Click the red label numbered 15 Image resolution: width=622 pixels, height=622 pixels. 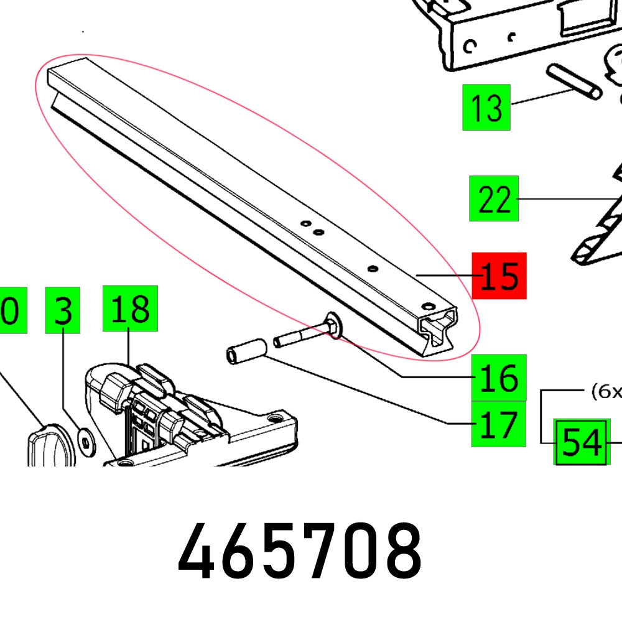coord(499,276)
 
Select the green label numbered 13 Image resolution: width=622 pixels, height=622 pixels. coord(486,108)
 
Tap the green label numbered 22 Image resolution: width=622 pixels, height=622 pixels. coord(494,198)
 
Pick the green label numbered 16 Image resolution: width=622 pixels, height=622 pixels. coord(499,378)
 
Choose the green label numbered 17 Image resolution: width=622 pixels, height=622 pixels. coord(498,425)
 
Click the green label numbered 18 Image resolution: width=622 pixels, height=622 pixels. coord(130,309)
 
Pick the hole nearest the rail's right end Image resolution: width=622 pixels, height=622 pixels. coord(427,306)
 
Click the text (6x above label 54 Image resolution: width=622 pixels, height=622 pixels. coord(605,392)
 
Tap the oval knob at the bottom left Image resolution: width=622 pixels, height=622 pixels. coord(50,441)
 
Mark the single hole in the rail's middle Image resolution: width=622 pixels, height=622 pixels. coord(373,268)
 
